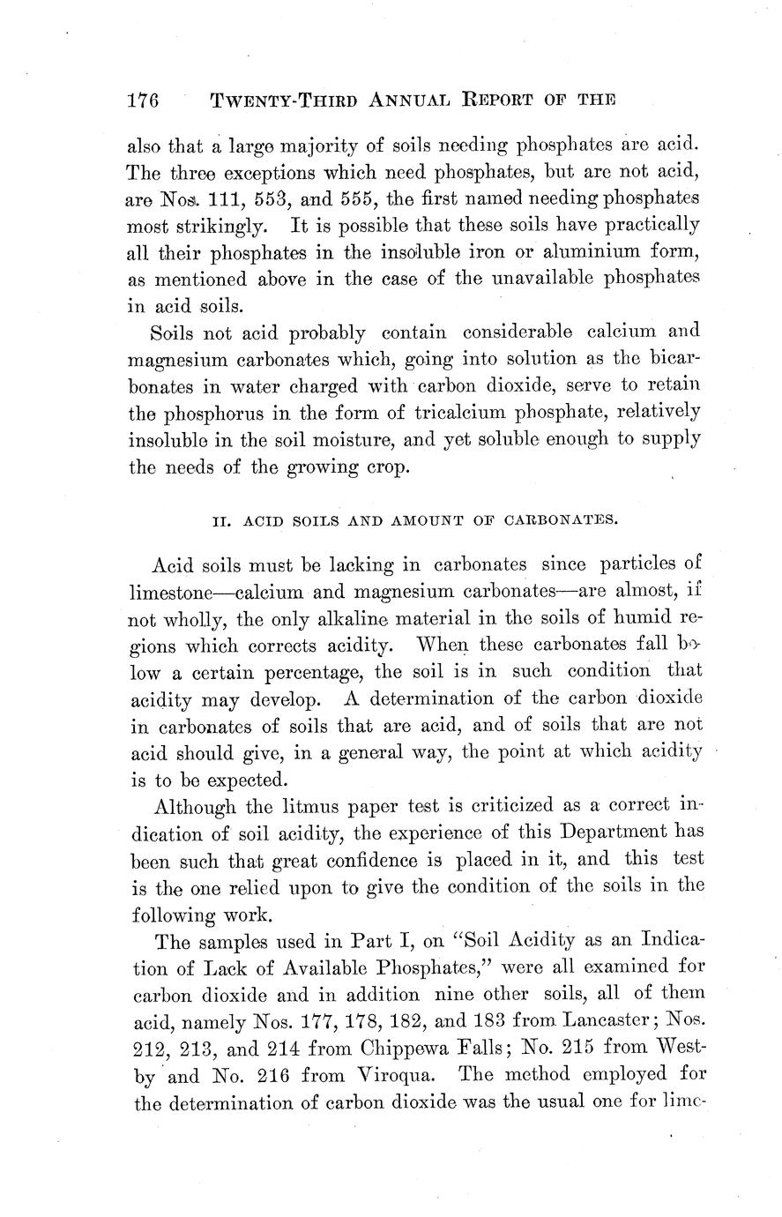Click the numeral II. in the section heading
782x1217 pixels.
[x=222, y=519]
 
